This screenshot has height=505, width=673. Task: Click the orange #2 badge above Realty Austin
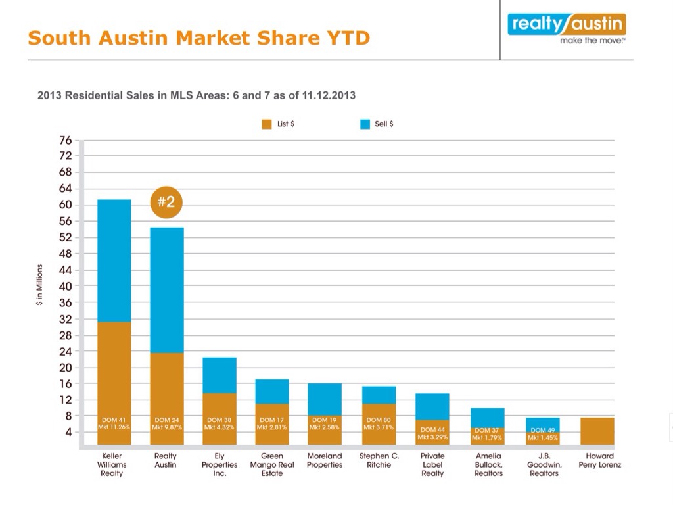(x=166, y=203)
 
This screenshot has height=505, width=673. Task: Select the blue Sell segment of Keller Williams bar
(x=114, y=260)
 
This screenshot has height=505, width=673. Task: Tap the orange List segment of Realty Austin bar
(x=167, y=388)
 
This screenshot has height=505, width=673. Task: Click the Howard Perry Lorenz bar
(x=598, y=431)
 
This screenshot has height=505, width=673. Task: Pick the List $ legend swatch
(x=267, y=124)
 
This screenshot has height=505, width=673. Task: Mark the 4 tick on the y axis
(x=68, y=432)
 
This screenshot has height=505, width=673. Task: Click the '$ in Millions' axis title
(x=39, y=286)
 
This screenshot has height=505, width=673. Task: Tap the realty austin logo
(x=566, y=29)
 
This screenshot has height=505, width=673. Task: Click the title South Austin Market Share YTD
(x=199, y=37)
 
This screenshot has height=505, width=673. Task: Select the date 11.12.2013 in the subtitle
(x=329, y=95)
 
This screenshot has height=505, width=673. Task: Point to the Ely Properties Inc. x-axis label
(x=220, y=464)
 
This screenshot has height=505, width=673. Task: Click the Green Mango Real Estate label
(x=272, y=464)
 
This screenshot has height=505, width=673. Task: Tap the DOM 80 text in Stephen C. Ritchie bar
(x=379, y=420)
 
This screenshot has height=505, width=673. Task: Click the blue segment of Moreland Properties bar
(x=325, y=398)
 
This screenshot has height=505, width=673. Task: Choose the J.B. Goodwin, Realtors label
(x=543, y=464)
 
